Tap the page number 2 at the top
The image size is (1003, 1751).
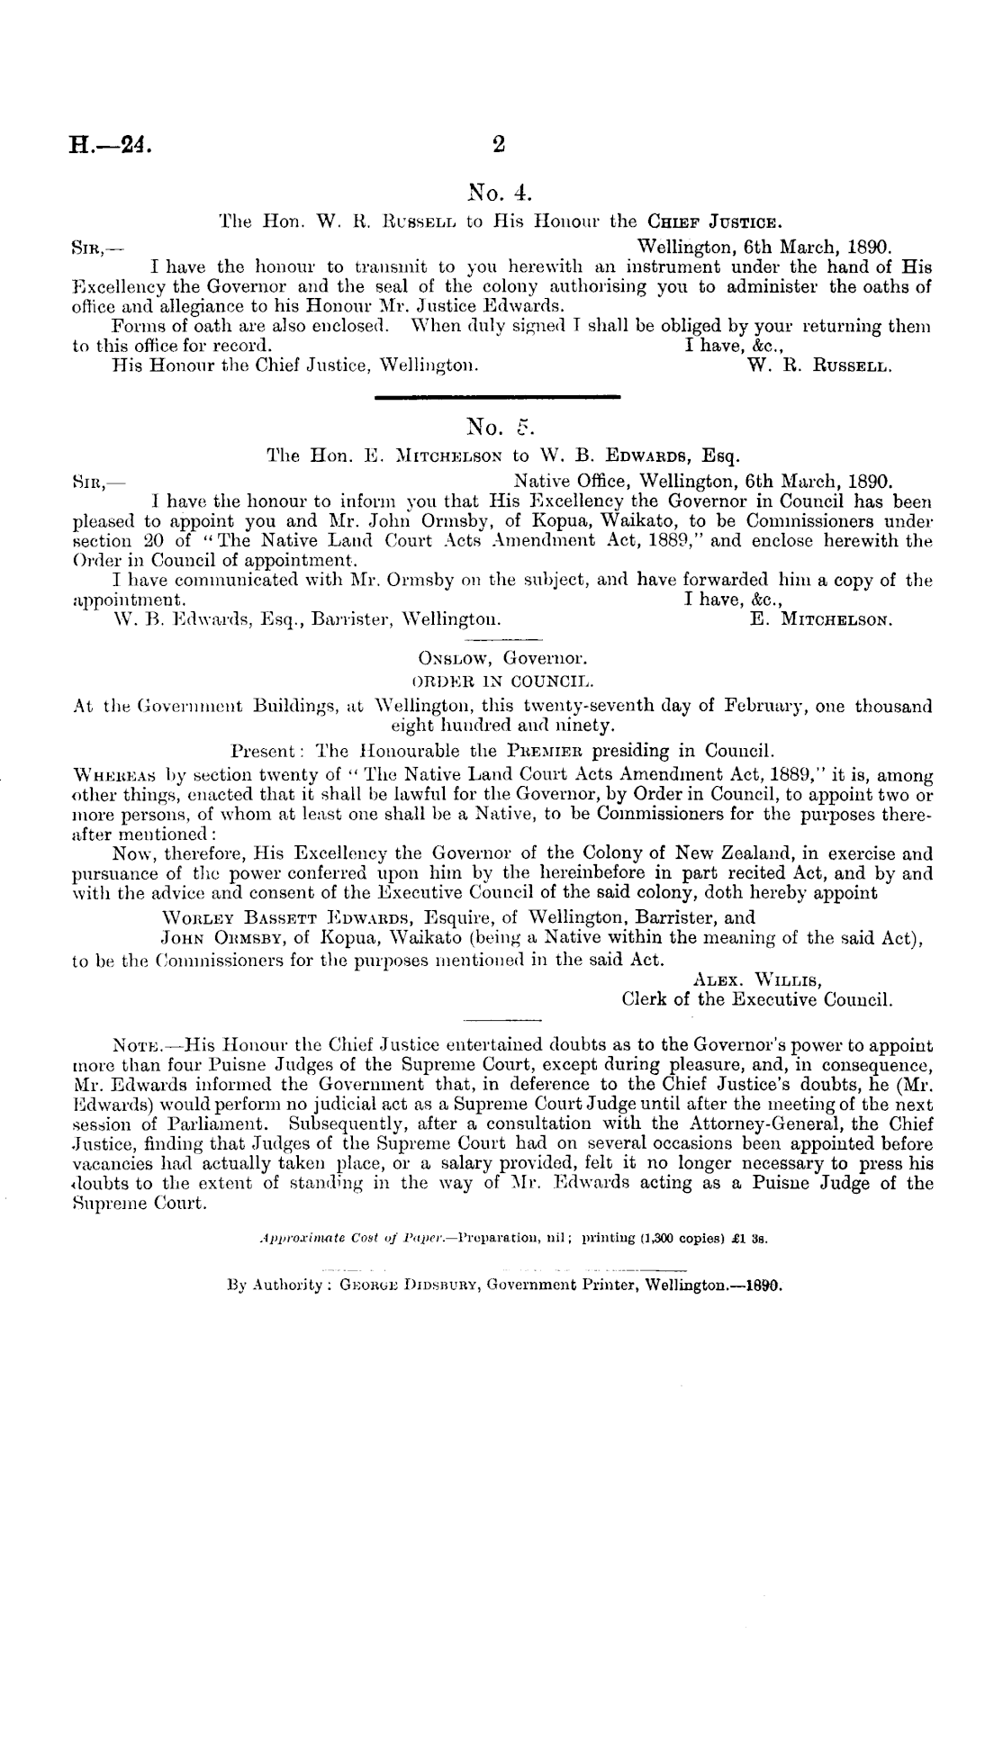click(x=501, y=144)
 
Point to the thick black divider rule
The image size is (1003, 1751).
click(x=497, y=395)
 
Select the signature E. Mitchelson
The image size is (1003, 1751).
click(x=820, y=619)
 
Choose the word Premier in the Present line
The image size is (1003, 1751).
click(x=565, y=749)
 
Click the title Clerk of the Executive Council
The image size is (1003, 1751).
click(x=757, y=999)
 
